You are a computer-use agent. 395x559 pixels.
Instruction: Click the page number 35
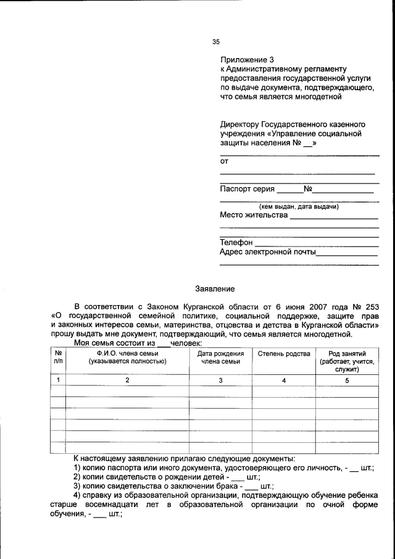tap(215, 42)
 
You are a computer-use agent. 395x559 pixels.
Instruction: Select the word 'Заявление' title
tap(215, 288)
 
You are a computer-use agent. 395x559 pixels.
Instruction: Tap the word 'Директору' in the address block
tap(239, 124)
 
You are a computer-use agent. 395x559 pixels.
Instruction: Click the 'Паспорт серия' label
tap(247, 189)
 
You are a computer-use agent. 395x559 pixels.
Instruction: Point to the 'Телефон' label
tap(236, 243)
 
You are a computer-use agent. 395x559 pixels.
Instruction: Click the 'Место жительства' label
tap(254, 216)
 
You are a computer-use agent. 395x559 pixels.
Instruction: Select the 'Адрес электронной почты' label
tap(268, 252)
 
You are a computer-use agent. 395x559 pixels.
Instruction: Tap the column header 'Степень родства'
tap(283, 354)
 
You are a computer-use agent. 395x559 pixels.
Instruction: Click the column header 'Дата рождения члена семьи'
tap(220, 358)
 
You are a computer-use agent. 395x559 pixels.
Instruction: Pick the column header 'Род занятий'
tap(347, 353)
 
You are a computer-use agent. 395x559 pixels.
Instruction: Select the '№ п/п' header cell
tap(58, 358)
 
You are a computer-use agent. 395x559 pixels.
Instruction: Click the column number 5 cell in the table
tap(347, 380)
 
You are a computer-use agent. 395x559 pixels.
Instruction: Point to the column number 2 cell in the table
tap(127, 380)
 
